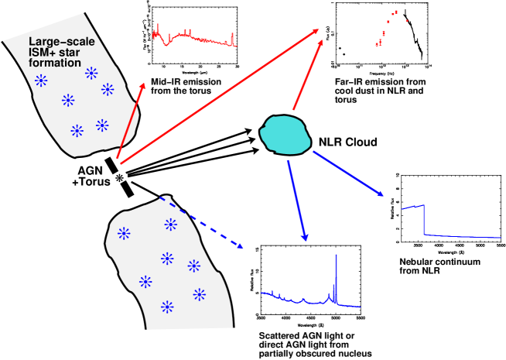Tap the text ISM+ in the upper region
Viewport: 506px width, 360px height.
click(x=42, y=53)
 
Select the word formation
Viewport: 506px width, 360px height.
click(x=55, y=63)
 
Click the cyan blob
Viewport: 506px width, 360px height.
click(x=285, y=134)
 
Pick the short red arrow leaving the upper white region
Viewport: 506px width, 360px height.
click(x=131, y=120)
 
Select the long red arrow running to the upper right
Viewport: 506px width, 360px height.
click(x=219, y=96)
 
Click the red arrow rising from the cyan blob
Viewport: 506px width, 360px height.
click(x=307, y=75)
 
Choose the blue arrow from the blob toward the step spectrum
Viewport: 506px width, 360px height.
click(x=348, y=173)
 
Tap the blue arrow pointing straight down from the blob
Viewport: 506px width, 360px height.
click(x=296, y=200)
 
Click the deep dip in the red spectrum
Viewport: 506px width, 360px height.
click(x=165, y=43)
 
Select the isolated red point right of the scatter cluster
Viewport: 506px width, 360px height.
click(x=406, y=20)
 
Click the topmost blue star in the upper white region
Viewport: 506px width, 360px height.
click(x=91, y=73)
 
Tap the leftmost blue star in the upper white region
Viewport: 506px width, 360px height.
click(x=41, y=81)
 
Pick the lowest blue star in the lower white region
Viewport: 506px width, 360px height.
click(x=167, y=307)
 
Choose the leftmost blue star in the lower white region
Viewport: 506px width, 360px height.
click(x=124, y=233)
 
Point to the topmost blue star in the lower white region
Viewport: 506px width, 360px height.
click(x=170, y=225)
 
